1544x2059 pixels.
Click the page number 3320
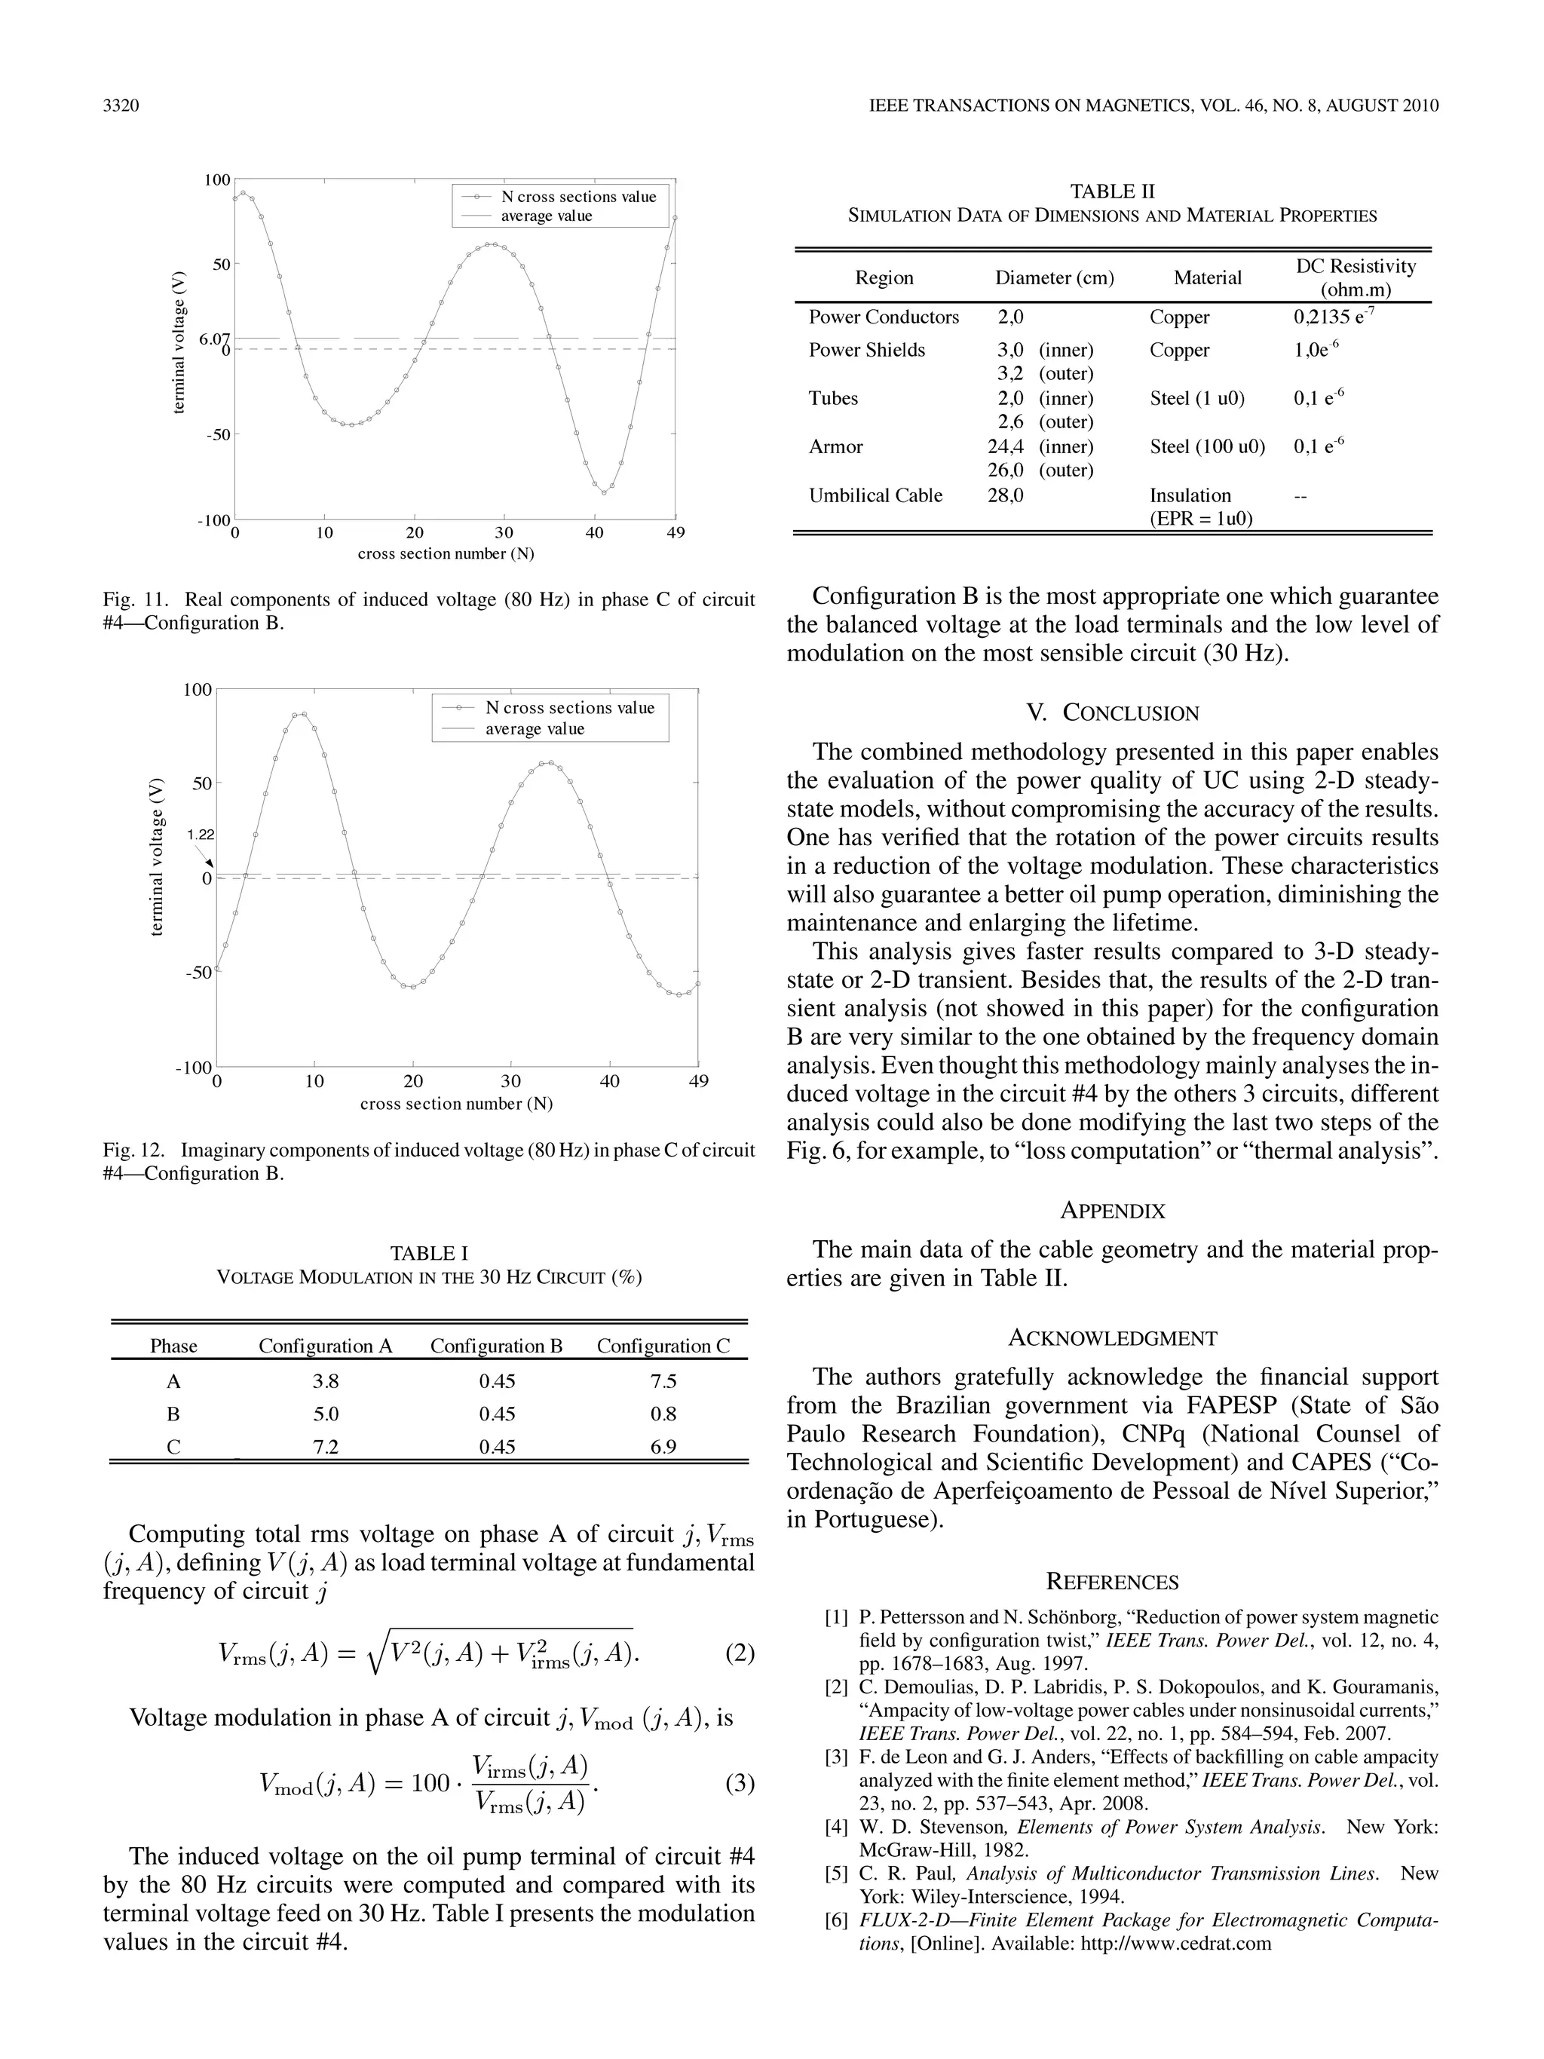(121, 106)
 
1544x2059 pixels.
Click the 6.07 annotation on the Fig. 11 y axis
(214, 339)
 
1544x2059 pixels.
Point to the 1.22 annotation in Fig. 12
(200, 835)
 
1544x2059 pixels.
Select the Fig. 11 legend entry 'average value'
(547, 216)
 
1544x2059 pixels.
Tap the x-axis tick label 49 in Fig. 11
(675, 532)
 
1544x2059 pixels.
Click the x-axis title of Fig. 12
(456, 1104)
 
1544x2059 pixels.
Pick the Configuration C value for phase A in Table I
(663, 1381)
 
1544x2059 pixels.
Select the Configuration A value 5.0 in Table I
(326, 1414)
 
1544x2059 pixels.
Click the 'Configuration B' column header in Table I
(496, 1346)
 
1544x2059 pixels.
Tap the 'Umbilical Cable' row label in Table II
(875, 495)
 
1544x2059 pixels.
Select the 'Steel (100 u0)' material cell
(1207, 447)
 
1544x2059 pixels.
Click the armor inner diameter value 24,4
(1005, 447)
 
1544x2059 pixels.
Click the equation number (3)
(739, 1784)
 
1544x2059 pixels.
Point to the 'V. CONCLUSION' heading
(1112, 713)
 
